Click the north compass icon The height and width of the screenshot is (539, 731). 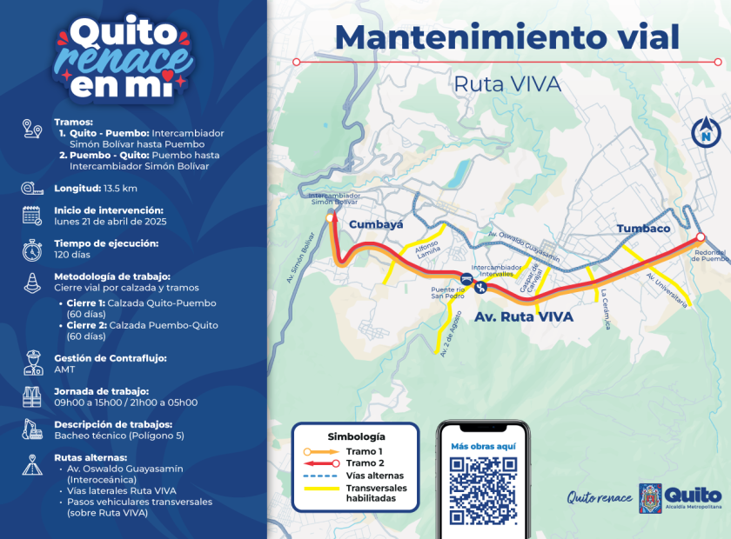click(707, 132)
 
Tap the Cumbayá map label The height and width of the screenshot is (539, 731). click(376, 224)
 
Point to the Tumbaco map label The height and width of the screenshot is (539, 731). click(643, 229)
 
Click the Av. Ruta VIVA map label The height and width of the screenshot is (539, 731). click(524, 317)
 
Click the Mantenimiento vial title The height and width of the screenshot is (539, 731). click(506, 37)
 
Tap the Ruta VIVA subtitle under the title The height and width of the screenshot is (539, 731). click(507, 84)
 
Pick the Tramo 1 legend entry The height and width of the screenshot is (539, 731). click(364, 451)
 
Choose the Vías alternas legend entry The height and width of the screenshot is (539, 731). click(374, 476)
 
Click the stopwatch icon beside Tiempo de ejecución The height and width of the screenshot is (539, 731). click(32, 250)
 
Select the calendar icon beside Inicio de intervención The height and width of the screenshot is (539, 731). click(32, 216)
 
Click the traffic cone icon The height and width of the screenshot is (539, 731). click(32, 282)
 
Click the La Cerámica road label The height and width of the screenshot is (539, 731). click(603, 309)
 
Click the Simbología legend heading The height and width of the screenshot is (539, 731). click(356, 436)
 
